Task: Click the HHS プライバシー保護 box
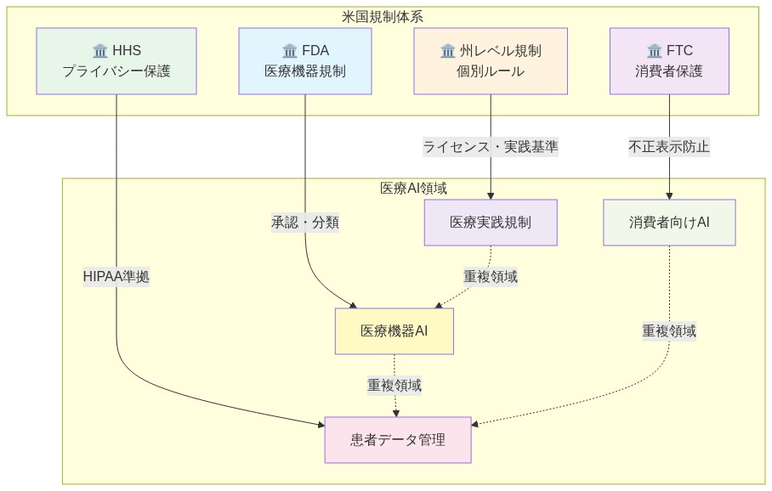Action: (116, 61)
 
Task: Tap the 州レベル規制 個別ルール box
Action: (491, 61)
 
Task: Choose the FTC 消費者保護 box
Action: (669, 61)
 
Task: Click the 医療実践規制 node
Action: (491, 223)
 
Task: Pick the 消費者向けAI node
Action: (669, 223)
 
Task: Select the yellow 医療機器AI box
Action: (394, 331)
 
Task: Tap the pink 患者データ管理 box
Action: (398, 440)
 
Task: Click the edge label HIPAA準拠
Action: (116, 277)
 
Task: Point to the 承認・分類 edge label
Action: (304, 223)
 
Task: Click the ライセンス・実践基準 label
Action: (491, 146)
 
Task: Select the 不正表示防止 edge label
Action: (669, 146)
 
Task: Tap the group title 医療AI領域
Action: (413, 188)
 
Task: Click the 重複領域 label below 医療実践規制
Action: (491, 277)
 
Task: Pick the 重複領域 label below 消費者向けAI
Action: (669, 331)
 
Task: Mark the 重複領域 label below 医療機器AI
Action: (394, 386)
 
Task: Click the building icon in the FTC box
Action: (654, 51)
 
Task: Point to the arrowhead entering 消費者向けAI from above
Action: (669, 195)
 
